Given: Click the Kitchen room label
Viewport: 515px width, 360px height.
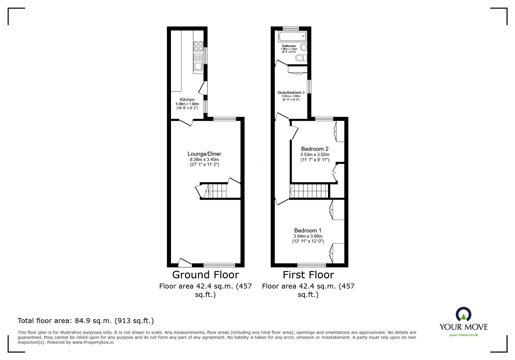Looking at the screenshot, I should [x=187, y=100].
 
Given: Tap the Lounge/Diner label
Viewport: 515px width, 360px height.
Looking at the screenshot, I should [x=204, y=154].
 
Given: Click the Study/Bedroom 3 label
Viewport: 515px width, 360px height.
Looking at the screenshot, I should [x=291, y=93].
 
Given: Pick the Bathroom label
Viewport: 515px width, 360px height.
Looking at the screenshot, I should [x=289, y=46].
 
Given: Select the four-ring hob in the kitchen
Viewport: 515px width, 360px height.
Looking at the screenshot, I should [x=198, y=46].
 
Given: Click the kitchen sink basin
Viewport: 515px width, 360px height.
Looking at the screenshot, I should [x=198, y=67].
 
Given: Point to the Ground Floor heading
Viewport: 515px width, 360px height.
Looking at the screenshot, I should [x=205, y=275].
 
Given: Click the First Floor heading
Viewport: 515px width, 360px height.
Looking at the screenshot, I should [x=308, y=275].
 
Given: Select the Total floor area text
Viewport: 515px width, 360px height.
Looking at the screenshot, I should [x=86, y=321].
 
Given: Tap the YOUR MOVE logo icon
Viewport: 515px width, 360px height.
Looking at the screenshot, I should [x=463, y=315].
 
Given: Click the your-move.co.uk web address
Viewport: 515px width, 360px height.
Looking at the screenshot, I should [x=464, y=335].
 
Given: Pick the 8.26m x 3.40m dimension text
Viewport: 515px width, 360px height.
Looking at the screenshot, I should [x=204, y=160].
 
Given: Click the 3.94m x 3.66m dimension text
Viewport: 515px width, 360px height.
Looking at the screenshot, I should [x=308, y=236].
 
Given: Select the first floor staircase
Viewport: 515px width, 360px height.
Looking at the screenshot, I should [x=309, y=191].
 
